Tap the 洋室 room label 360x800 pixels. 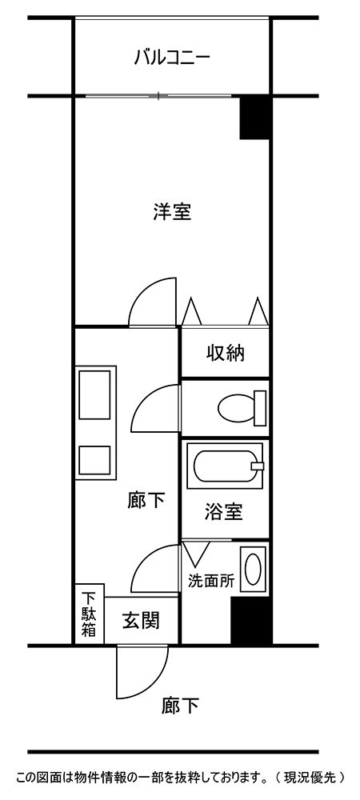(172, 212)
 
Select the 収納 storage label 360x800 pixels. (225, 353)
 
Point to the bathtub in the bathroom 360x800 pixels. (225, 462)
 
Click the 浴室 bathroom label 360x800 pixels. (223, 512)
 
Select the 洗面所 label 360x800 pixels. (211, 581)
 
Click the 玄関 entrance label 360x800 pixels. (141, 620)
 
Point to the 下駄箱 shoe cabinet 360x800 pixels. (90, 614)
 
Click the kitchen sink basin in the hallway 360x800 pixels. (95, 394)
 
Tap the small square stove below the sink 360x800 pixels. (95, 460)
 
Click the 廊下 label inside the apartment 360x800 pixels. (146, 501)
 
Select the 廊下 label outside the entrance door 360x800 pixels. (180, 706)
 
